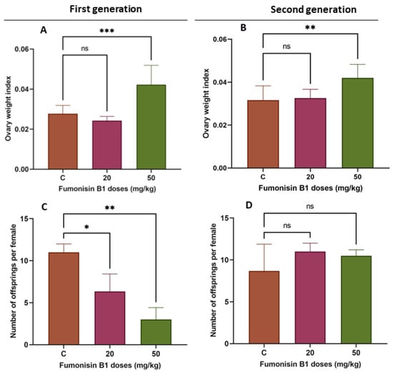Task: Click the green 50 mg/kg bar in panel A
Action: tap(151, 127)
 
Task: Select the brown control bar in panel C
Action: tap(64, 298)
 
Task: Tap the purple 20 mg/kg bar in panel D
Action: tap(310, 298)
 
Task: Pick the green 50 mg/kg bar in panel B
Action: tap(357, 123)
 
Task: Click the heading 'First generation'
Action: tap(106, 9)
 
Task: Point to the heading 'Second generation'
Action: tap(314, 9)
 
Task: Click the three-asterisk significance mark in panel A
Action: tap(106, 31)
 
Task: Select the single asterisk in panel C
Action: tap(86, 227)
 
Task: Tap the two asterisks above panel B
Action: tap(310, 28)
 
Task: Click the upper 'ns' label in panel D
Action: tap(310, 206)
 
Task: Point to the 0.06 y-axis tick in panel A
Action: tap(21, 49)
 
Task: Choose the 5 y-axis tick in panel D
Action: tap(227, 302)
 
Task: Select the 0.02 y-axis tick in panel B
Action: tap(220, 125)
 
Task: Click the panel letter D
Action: tap(249, 206)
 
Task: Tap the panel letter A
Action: tap(44, 30)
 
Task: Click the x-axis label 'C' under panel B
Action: tap(263, 177)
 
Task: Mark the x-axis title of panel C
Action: tap(110, 365)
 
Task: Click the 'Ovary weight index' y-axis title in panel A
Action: tap(9, 108)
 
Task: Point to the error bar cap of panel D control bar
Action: tap(264, 244)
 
